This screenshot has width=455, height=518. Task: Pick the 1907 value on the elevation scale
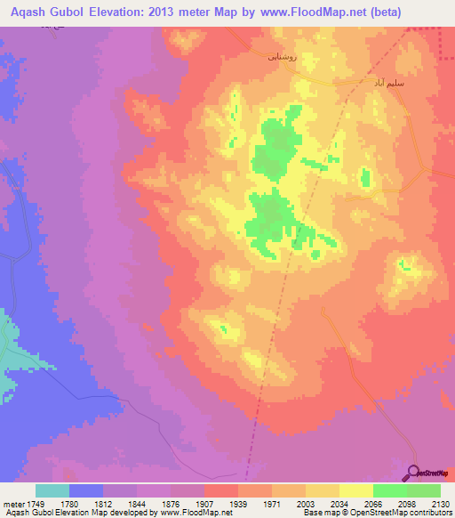[205, 504]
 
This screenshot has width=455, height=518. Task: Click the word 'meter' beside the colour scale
[14, 504]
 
